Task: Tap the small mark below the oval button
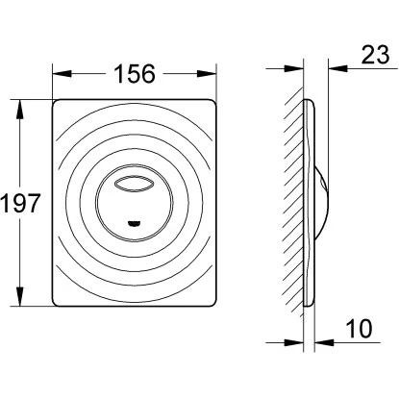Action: click(134, 224)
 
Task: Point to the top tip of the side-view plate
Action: click(306, 100)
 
